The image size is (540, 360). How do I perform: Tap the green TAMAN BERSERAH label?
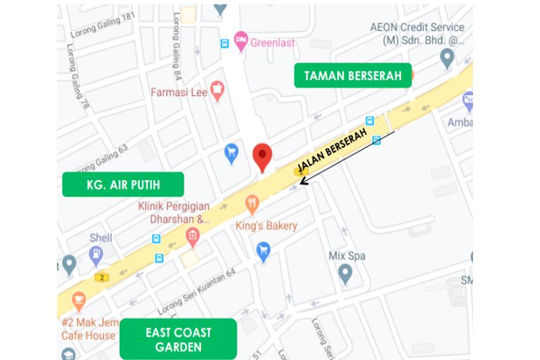352,75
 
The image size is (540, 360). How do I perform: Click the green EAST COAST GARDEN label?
178,339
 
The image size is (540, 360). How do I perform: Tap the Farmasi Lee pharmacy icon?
215,90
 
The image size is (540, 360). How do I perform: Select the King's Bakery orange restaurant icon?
251,204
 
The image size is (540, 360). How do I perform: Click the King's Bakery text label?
266,226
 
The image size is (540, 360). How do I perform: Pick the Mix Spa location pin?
346,273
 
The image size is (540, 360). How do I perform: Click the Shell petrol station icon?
96,254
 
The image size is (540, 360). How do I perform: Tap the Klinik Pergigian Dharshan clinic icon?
192,235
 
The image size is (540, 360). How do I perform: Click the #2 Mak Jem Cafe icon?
78,299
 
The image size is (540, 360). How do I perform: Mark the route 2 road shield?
104,277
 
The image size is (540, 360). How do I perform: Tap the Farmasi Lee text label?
178,92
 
